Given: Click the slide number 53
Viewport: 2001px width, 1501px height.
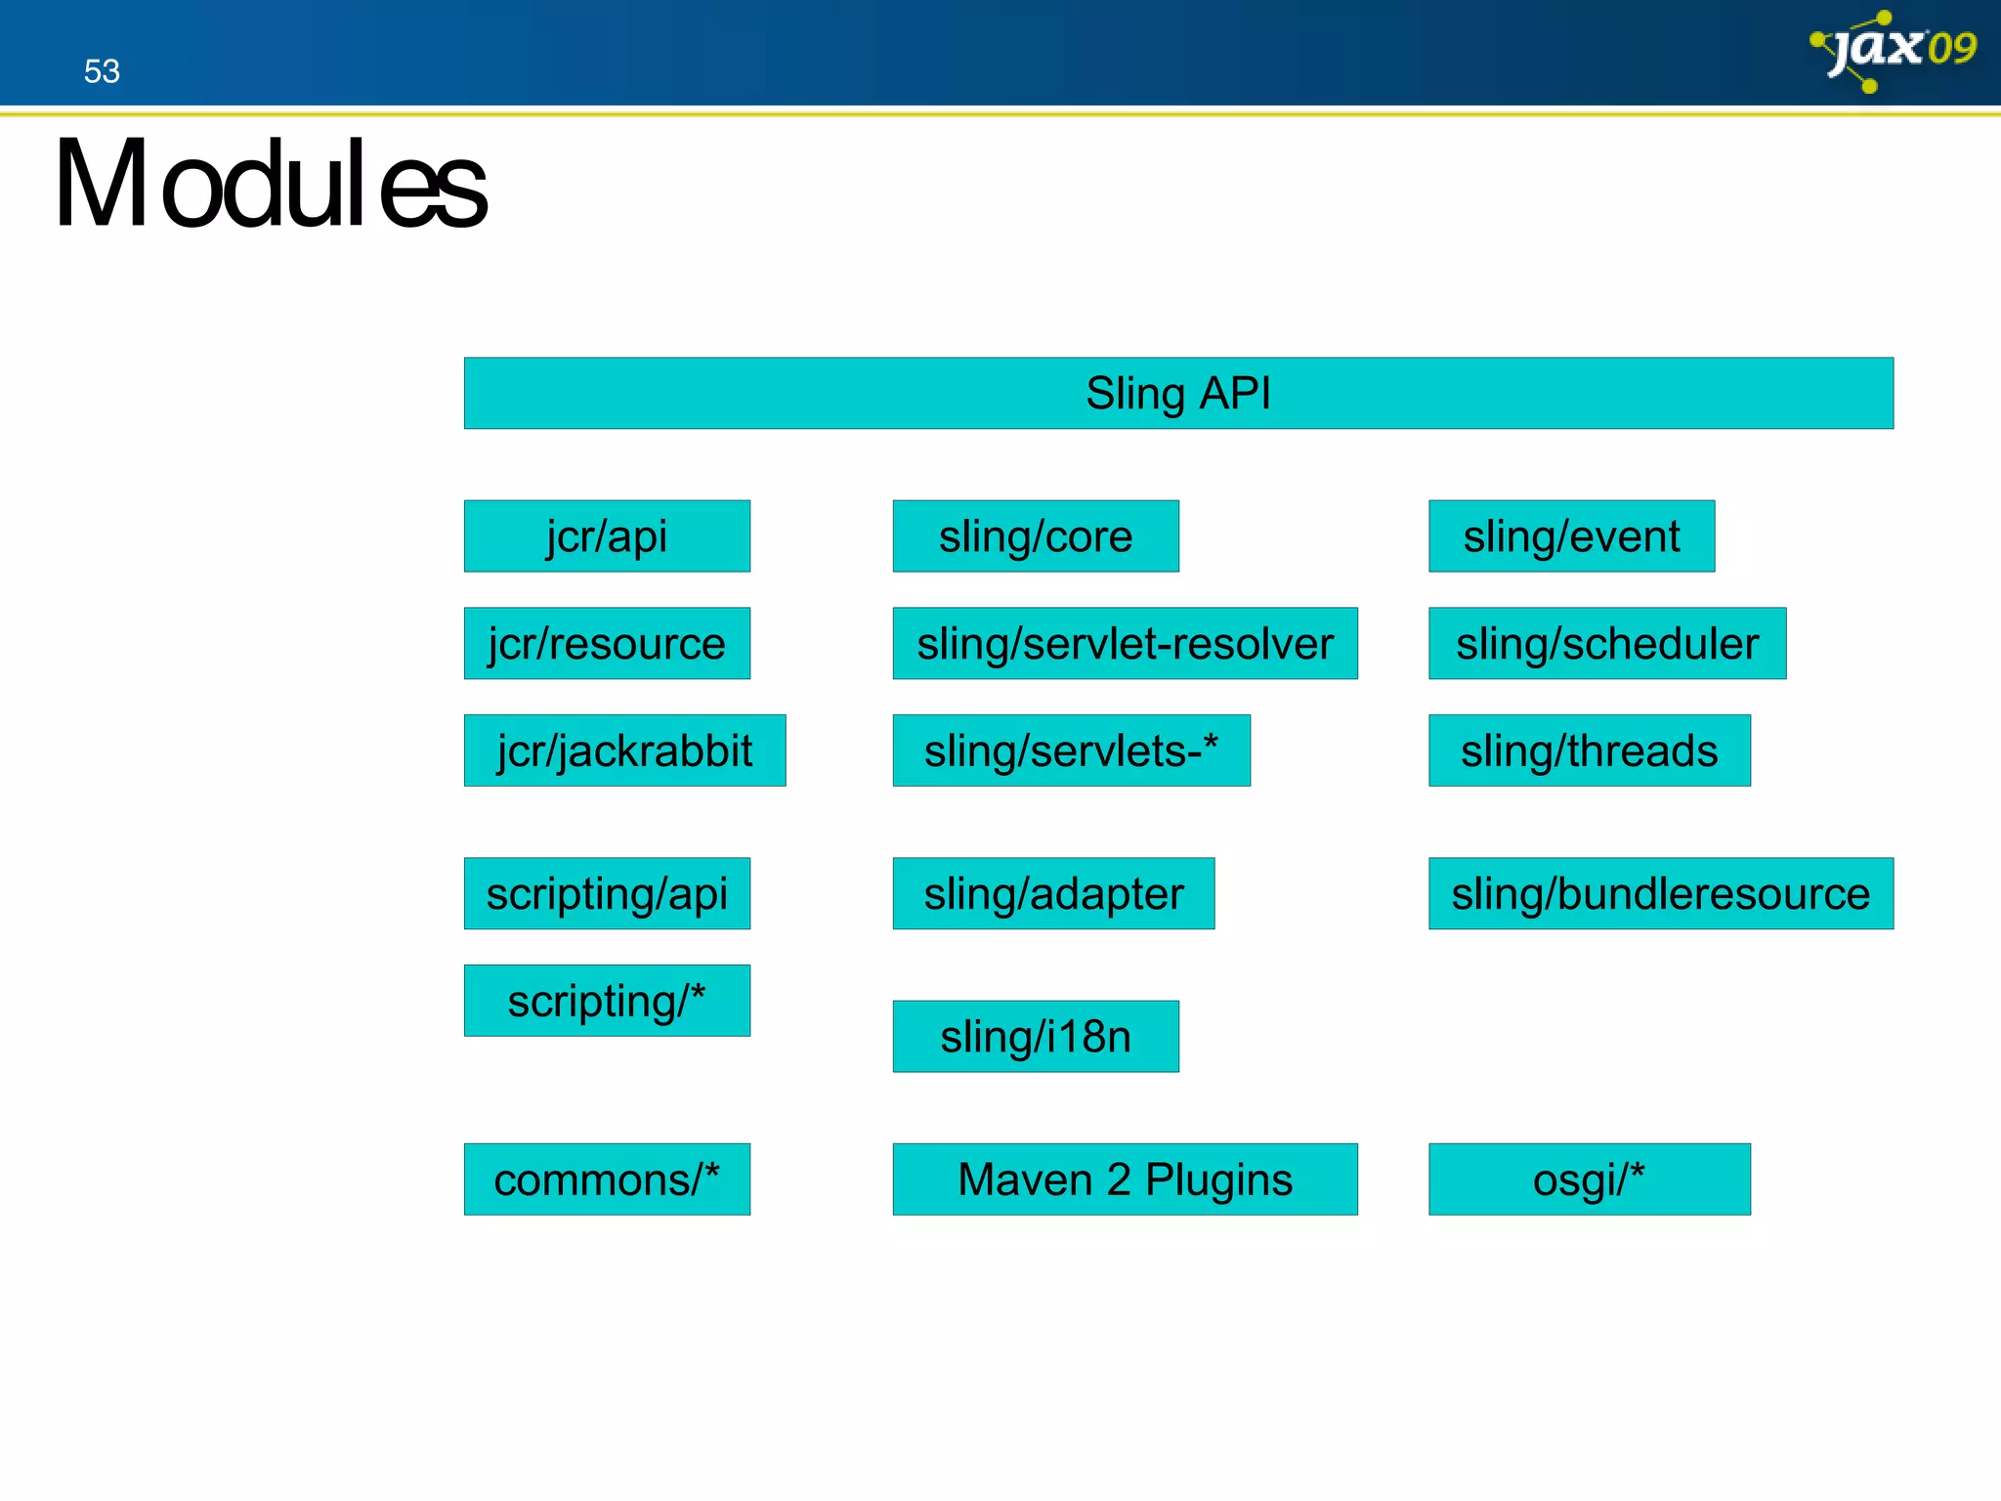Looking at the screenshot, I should pyautogui.click(x=102, y=71).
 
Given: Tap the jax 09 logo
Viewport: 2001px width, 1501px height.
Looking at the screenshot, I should pyautogui.click(x=1894, y=50).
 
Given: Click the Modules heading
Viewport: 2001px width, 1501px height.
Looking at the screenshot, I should pyautogui.click(x=270, y=185).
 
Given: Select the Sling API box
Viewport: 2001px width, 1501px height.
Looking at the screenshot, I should pyautogui.click(x=1177, y=393).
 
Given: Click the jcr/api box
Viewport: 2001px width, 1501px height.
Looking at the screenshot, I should pyautogui.click(x=607, y=536).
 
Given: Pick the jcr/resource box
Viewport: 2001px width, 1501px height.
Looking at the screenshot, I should pyautogui.click(x=607, y=643).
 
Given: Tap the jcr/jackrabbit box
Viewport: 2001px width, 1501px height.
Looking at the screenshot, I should pyautogui.click(x=624, y=750).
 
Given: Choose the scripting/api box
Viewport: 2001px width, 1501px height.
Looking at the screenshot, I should pyautogui.click(x=607, y=893).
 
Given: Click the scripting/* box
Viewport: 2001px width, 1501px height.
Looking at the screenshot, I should pyautogui.click(x=607, y=1001).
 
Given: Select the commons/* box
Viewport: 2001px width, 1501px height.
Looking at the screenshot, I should pyautogui.click(x=607, y=1179).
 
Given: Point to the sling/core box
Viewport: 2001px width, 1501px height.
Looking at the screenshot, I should pyautogui.click(x=1035, y=536).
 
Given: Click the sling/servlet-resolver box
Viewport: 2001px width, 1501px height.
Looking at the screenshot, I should pyautogui.click(x=1125, y=643).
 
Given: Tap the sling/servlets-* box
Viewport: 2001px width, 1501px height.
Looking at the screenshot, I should pyautogui.click(x=1071, y=750).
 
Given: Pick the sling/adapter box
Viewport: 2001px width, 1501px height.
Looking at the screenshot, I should pyautogui.click(x=1053, y=893).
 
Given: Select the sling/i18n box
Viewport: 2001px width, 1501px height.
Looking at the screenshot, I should pyautogui.click(x=1035, y=1036).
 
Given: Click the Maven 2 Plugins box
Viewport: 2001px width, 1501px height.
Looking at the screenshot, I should pyautogui.click(x=1125, y=1179).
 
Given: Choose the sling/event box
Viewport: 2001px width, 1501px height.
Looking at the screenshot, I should pyautogui.click(x=1571, y=536).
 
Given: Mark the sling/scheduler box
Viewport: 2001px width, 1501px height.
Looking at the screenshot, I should pyautogui.click(x=1606, y=643).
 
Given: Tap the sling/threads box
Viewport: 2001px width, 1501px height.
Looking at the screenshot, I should pyautogui.click(x=1589, y=750).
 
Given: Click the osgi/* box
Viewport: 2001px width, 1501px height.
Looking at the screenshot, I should pyautogui.click(x=1589, y=1179).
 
